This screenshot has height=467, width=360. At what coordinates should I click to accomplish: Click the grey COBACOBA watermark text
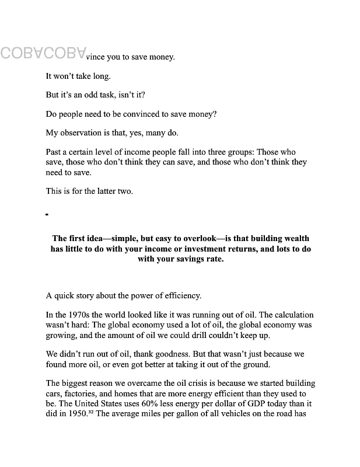point(44,53)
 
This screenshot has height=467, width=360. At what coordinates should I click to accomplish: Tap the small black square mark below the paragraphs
point(47,215)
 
